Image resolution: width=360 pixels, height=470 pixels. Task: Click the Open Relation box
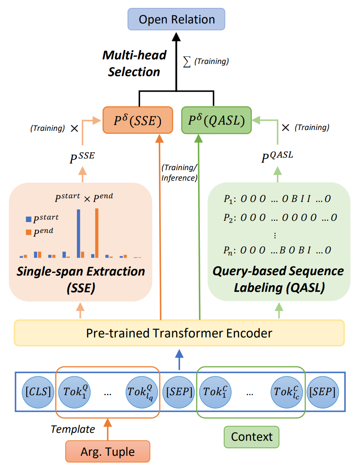pyautogui.click(x=176, y=19)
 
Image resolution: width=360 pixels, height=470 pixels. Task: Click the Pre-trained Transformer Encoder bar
pyautogui.click(x=179, y=333)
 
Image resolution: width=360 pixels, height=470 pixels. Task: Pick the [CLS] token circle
pyautogui.click(x=38, y=392)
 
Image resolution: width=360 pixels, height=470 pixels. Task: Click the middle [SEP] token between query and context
pyautogui.click(x=179, y=392)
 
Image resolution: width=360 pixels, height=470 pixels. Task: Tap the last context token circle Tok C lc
pyautogui.click(x=287, y=392)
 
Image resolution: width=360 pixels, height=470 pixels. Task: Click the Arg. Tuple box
pyautogui.click(x=107, y=452)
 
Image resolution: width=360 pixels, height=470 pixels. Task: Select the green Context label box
pyautogui.click(x=252, y=437)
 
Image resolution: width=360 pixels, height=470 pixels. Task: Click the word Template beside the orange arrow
pyautogui.click(x=73, y=429)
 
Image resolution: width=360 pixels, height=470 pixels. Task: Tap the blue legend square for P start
pyautogui.click(x=28, y=219)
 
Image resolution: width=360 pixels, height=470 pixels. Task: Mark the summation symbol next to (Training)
pyautogui.click(x=187, y=61)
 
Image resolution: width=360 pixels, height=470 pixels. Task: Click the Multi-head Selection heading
pyautogui.click(x=134, y=63)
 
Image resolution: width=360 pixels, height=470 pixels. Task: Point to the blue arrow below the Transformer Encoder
pyautogui.click(x=179, y=359)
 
